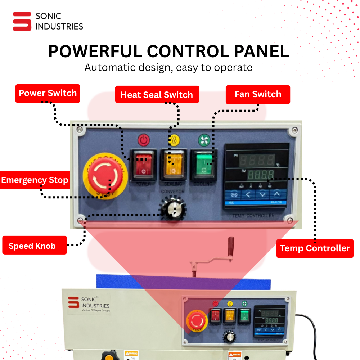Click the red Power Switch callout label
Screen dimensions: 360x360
tap(48, 94)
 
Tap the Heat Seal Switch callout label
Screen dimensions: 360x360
tap(157, 95)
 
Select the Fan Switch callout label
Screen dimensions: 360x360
tap(258, 94)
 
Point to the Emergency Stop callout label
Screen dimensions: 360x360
tap(35, 180)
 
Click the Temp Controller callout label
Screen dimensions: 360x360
tap(315, 248)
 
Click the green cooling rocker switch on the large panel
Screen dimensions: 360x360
tap(204, 164)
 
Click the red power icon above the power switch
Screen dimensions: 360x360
tap(144, 140)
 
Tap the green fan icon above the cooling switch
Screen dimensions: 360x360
tap(204, 140)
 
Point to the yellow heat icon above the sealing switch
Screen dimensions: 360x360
tap(174, 140)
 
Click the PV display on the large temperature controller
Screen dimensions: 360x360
tap(257, 159)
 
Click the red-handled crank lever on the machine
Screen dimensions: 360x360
tap(230, 247)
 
